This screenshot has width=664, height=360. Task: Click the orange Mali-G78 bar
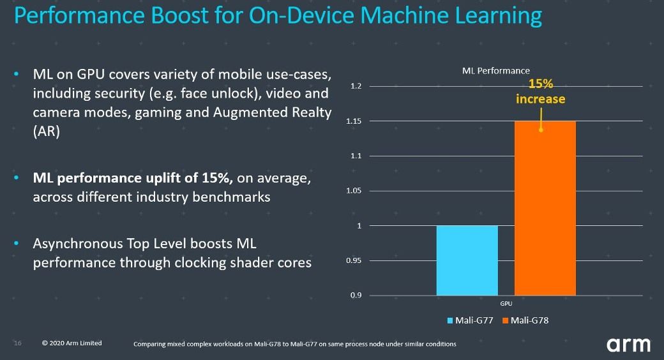click(545, 208)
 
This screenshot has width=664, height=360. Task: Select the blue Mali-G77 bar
click(467, 260)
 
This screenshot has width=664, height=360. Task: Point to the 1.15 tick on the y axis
click(354, 121)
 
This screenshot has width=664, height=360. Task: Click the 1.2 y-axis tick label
click(356, 86)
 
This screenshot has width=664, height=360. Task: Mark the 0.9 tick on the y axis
click(356, 296)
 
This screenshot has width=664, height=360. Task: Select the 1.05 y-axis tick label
click(354, 191)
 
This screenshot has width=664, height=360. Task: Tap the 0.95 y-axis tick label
click(354, 260)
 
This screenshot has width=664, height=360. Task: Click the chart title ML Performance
click(495, 71)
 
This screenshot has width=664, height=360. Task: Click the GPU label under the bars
click(505, 304)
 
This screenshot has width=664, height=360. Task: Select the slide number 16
click(18, 343)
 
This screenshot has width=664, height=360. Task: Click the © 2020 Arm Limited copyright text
click(72, 343)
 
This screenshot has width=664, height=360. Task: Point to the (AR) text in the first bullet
click(46, 131)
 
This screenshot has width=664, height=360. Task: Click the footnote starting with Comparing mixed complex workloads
click(294, 345)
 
